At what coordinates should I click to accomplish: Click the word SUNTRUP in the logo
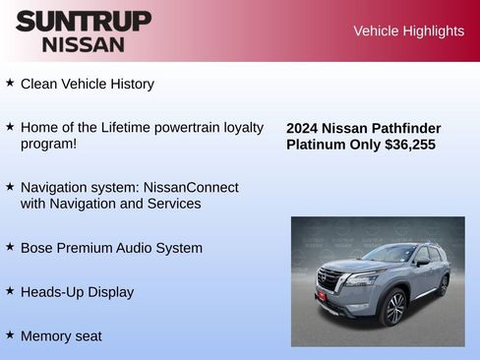pos(84,21)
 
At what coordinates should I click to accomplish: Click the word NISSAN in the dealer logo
pos(84,44)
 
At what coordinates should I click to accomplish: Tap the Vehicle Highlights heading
pos(408,30)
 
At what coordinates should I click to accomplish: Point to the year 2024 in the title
pos(303,128)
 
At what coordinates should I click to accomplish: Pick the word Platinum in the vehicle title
pos(317,145)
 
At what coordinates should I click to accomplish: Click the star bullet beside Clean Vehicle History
pos(10,84)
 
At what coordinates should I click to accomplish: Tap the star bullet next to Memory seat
pos(10,334)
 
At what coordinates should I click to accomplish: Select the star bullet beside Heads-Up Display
pos(10,291)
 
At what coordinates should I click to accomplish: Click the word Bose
pos(36,248)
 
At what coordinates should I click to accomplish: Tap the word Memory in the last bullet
pos(46,335)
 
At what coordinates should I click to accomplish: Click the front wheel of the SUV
pos(393,308)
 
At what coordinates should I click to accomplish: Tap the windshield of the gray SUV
pos(390,255)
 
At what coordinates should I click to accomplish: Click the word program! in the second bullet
pos(48,144)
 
